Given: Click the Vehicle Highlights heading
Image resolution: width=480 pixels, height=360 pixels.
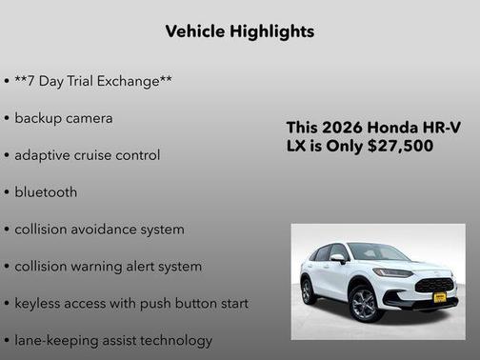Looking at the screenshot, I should pos(239,31).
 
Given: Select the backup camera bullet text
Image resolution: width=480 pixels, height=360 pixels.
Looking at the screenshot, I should pos(63,118).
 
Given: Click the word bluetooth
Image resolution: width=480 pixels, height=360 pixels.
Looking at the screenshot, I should pos(46,191).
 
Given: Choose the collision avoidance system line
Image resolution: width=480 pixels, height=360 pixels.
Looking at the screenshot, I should pos(99,229).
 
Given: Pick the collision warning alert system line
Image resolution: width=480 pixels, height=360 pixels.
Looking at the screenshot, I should pos(108,266).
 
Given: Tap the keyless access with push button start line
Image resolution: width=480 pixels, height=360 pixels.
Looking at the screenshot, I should pos(130,303).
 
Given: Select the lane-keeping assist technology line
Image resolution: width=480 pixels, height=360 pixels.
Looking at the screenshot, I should pos(113,339).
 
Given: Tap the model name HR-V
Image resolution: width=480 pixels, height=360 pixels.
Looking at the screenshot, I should pos(441,128).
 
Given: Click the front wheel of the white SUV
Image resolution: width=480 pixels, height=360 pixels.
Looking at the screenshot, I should pos(366,304).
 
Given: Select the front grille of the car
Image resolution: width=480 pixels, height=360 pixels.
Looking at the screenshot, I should pos(435,284).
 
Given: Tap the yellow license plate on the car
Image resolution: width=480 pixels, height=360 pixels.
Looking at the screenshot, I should pos(439,296).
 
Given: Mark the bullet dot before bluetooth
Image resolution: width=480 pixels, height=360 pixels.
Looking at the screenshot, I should pos(7,192).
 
